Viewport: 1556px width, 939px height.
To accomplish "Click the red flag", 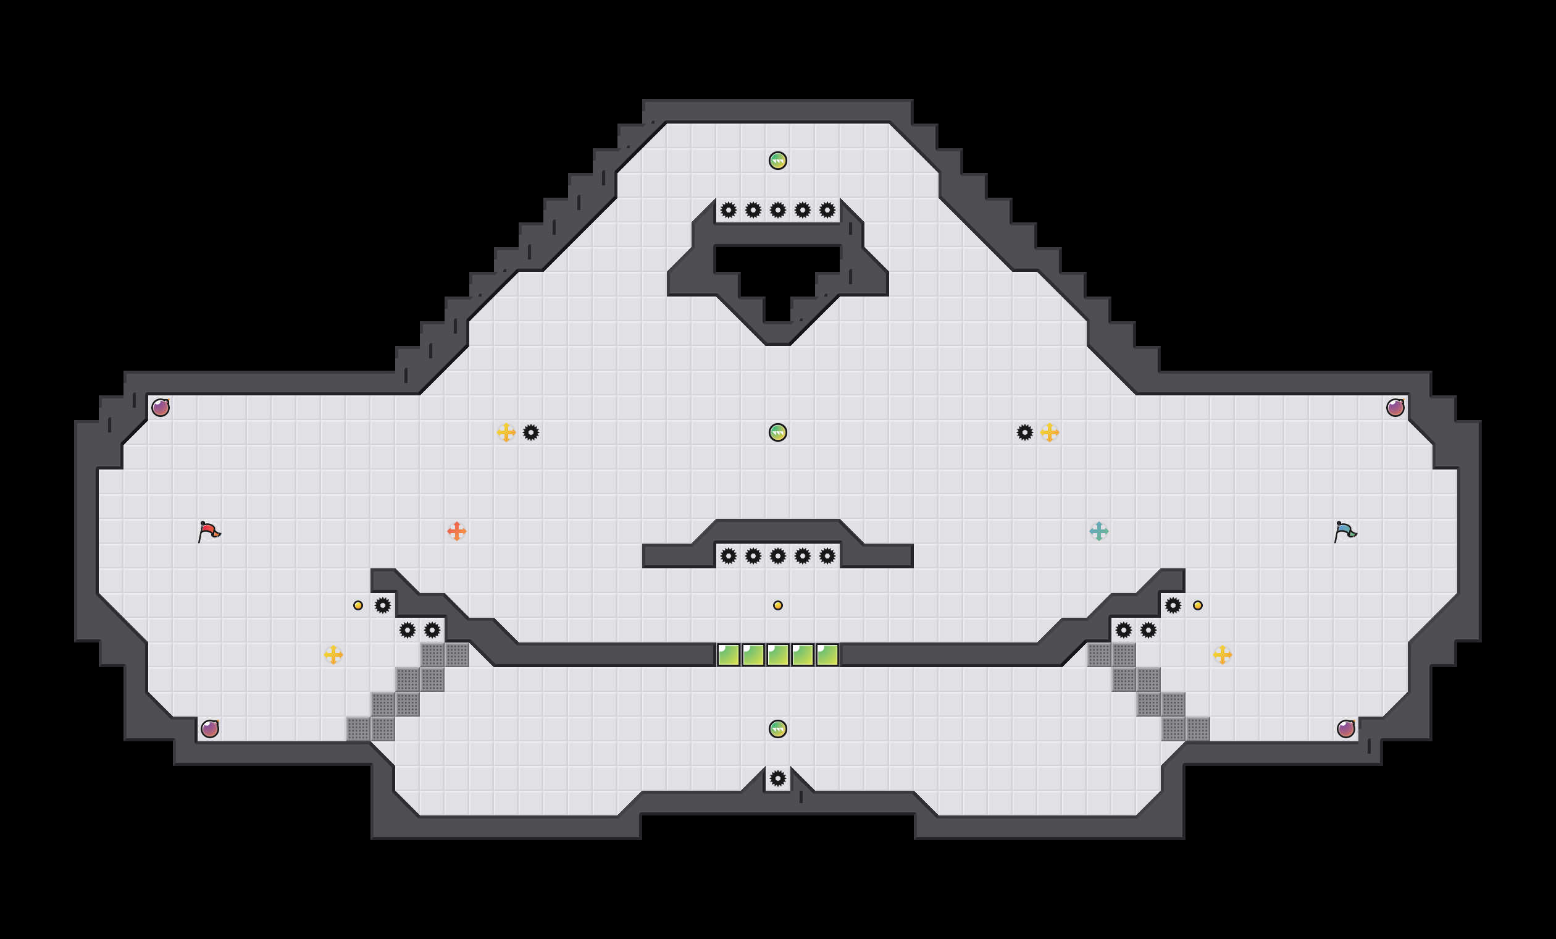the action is (209, 531).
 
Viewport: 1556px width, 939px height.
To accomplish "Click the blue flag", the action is (1345, 531).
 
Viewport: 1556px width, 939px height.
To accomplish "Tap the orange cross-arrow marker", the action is (456, 531).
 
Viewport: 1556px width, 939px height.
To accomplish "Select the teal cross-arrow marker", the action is (1099, 531).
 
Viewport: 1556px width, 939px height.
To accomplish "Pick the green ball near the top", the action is (778, 161).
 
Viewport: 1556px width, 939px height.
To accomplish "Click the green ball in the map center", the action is (778, 433).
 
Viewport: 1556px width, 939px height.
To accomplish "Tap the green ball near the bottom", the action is (778, 729).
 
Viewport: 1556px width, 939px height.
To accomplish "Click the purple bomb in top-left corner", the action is (161, 408).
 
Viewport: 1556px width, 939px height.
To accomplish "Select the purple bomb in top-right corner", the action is (1395, 408).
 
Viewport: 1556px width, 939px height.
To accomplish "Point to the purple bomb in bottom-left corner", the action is (210, 729).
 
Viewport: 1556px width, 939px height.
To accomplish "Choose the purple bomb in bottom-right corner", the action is (1345, 729).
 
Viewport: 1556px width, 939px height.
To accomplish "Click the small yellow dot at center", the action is (778, 605).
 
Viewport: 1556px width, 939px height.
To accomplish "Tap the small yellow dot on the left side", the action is (358, 605).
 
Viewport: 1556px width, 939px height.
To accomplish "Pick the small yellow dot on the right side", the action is (1198, 605).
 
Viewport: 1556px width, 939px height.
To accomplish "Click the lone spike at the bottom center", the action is (778, 778).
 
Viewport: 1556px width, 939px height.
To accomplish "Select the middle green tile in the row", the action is (778, 655).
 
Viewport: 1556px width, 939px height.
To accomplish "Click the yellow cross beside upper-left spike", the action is (506, 433).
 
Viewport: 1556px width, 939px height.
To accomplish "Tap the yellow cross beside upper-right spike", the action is (1050, 433).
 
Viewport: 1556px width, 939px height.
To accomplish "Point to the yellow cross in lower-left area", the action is (333, 655).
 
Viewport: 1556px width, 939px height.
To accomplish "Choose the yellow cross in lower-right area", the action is (1223, 655).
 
